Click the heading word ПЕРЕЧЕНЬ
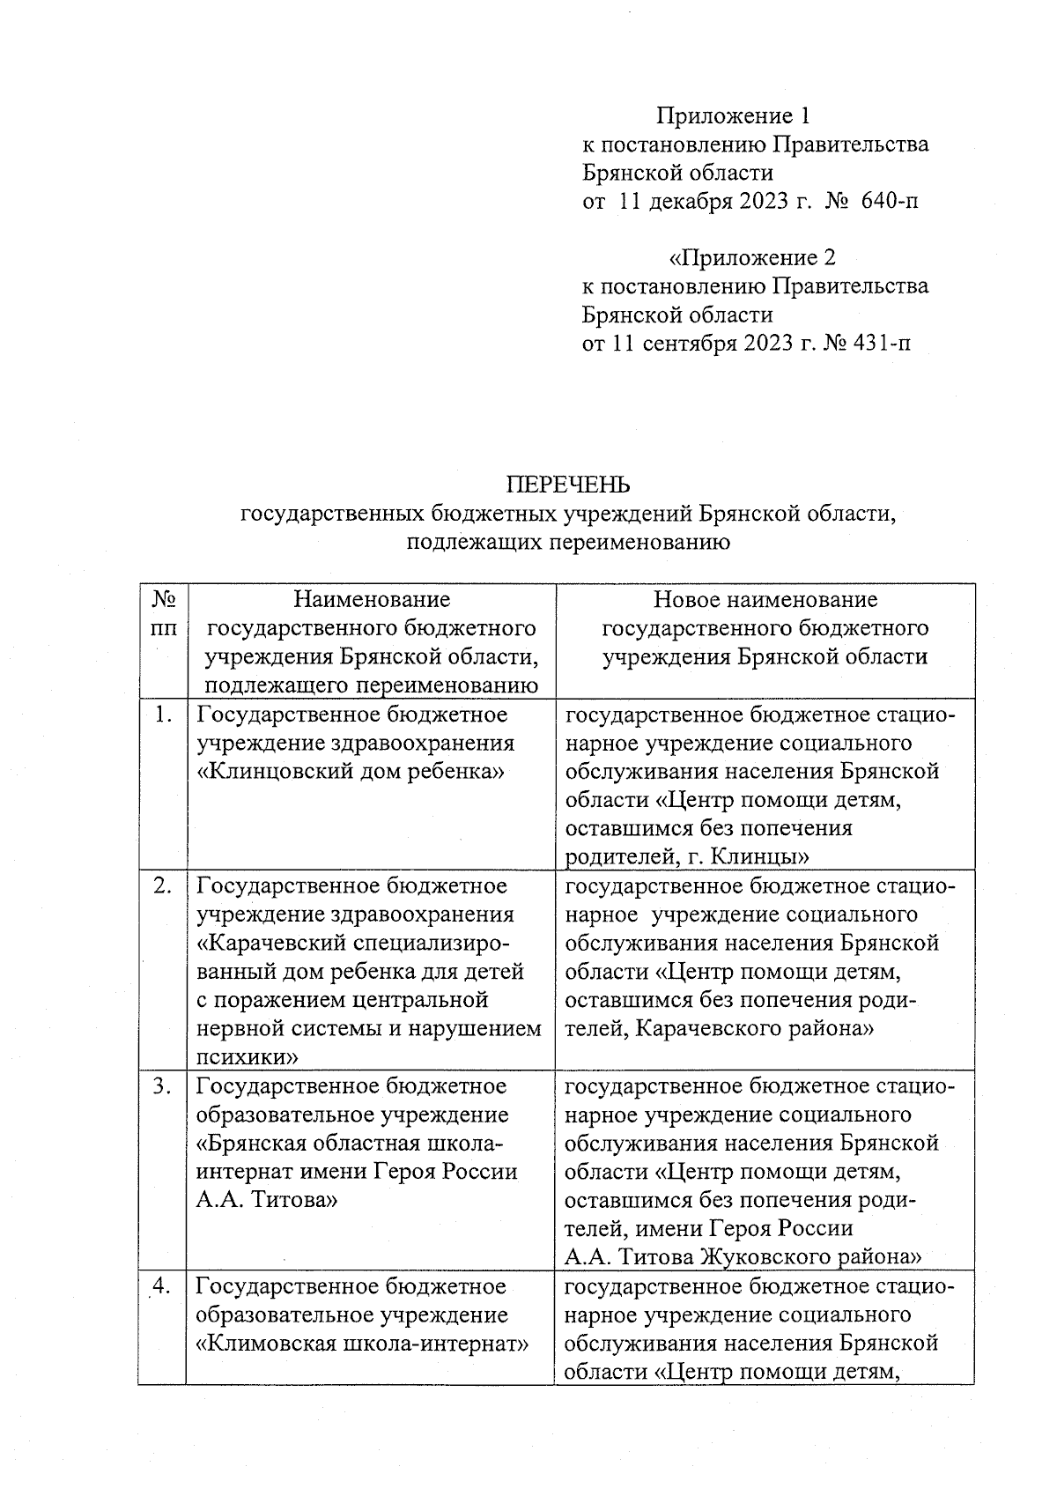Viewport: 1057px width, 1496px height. click(x=568, y=485)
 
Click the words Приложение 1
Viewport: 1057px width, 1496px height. click(x=732, y=115)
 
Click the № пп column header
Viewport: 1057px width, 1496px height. click(x=164, y=614)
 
